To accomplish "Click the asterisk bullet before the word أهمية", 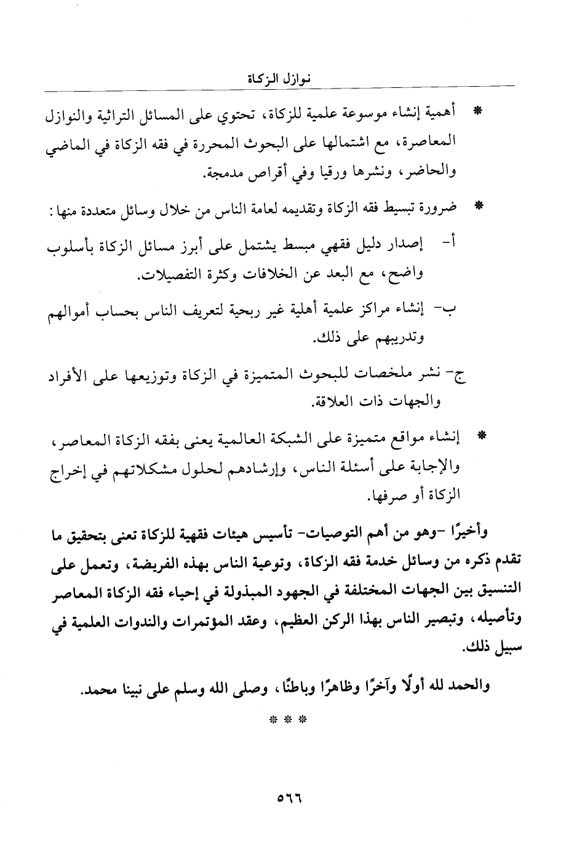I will [476, 113].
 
